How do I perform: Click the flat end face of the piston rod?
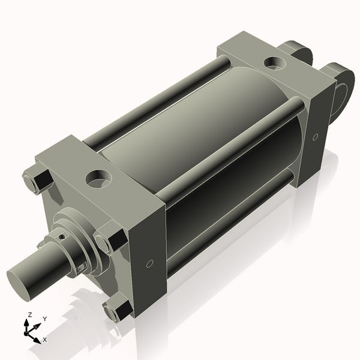click(x=22, y=282)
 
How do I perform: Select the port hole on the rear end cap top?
click(x=275, y=62)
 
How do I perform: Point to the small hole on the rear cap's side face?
click(x=316, y=137)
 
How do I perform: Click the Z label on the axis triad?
click(x=29, y=314)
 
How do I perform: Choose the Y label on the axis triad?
click(x=45, y=319)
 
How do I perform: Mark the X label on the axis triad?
click(x=45, y=340)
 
